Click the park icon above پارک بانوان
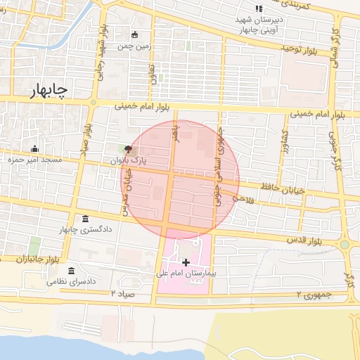point(127,149)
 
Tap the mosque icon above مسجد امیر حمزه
point(34,148)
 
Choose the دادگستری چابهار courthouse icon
point(85,219)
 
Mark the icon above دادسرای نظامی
point(71,271)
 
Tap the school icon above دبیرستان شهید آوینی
point(259,8)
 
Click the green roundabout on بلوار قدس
point(345,245)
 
